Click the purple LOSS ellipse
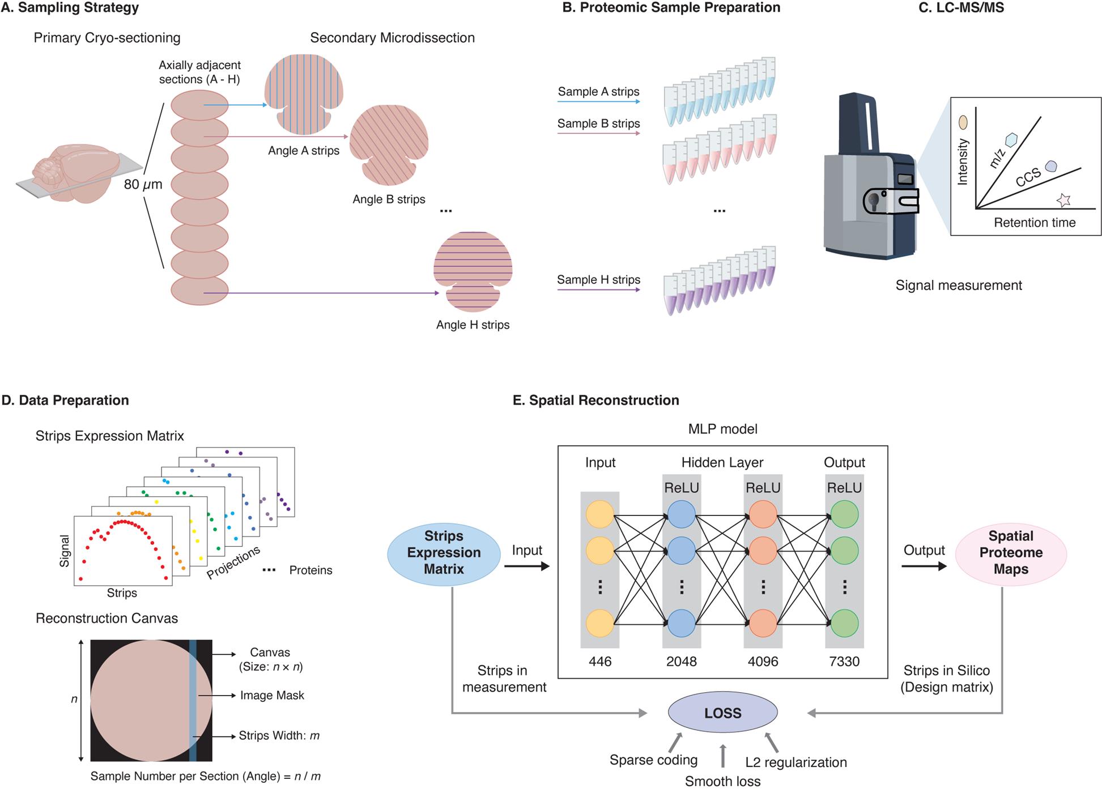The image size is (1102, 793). (722, 713)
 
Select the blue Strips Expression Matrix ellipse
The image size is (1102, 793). (444, 553)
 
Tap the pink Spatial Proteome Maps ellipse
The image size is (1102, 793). (1011, 553)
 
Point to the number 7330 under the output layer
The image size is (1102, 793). (844, 661)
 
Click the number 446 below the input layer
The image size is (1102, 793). (600, 661)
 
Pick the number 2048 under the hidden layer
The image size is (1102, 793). (681, 661)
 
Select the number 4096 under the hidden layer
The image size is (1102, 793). (763, 661)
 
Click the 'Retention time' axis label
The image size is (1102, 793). (1035, 223)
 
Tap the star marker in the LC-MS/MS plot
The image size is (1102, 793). (1063, 200)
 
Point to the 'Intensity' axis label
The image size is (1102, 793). (962, 162)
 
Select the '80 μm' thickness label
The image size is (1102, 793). (143, 184)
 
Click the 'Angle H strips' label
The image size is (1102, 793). (473, 325)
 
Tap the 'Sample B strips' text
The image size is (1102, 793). (598, 123)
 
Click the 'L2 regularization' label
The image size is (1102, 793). (795, 762)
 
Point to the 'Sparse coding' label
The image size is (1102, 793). (653, 760)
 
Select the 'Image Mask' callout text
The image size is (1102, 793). (272, 695)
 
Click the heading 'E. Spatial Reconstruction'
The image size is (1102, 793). (595, 400)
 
